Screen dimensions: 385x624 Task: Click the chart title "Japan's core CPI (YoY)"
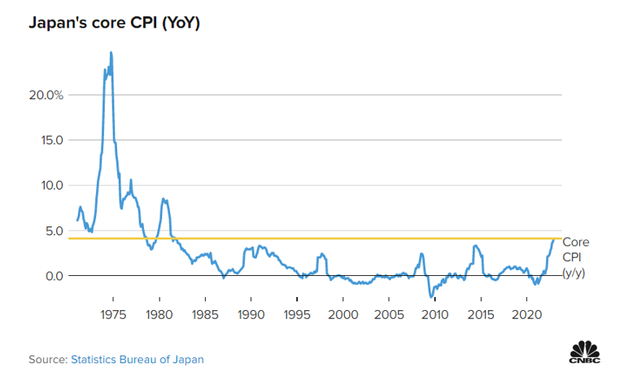coord(114,23)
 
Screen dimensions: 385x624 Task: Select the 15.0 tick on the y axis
coord(51,140)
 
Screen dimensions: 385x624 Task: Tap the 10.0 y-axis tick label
coord(51,185)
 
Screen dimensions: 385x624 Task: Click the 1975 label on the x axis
coord(113,314)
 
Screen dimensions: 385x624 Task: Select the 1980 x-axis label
coord(159,314)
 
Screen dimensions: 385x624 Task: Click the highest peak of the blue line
coord(111,53)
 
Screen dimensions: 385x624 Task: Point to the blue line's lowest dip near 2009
coord(431,297)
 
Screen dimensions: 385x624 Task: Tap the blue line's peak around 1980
coord(164,199)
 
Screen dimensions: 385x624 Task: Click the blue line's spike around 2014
coord(474,246)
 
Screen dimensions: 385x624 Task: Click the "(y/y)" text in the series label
coord(574,273)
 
